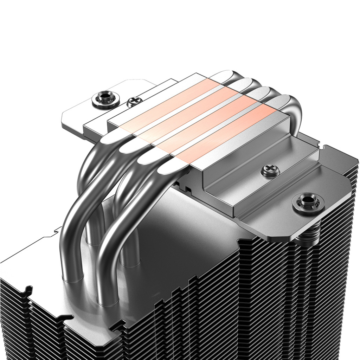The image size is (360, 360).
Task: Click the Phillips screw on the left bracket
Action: coord(135,102)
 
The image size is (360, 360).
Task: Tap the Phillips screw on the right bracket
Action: coord(270,172)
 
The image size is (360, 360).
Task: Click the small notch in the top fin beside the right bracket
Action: coord(319,144)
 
